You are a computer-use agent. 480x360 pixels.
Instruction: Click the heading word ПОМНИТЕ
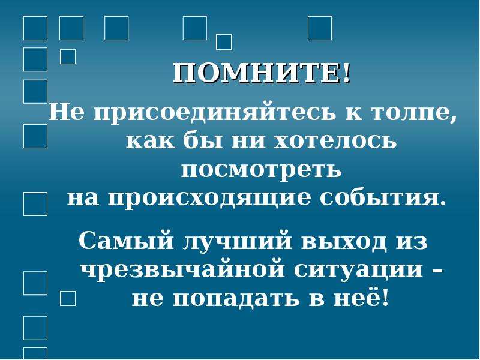tap(257, 73)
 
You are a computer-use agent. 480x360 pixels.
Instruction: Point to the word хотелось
tap(335, 142)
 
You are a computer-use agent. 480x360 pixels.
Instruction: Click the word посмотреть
tap(261, 170)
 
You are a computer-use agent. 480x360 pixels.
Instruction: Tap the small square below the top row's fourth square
tap(224, 42)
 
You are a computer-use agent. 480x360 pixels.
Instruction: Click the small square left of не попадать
tap(68, 298)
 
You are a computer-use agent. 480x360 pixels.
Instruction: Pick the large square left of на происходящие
tap(35, 204)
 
